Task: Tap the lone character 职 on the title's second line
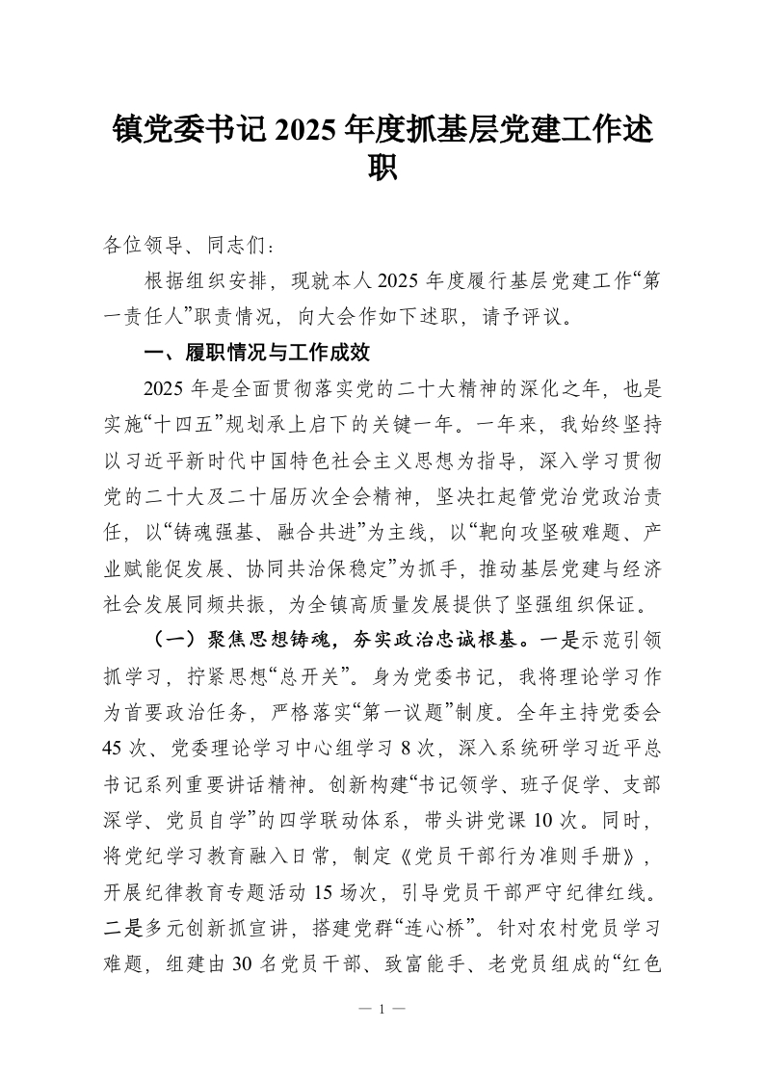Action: coord(382,171)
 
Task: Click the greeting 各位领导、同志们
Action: coord(179,247)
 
